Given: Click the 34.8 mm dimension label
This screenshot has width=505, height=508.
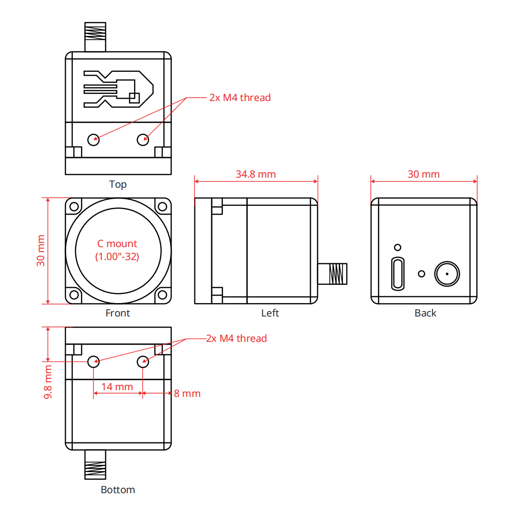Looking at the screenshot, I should coord(256,174).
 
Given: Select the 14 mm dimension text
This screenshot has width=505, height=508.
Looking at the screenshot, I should coord(117,386).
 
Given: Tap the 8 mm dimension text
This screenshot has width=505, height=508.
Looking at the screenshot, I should coord(187,394).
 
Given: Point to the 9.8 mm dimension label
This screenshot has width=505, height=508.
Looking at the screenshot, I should coord(48,382).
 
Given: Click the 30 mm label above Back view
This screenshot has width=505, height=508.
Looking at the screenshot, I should coord(424,174).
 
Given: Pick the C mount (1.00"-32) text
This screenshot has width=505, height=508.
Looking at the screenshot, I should coord(117,250).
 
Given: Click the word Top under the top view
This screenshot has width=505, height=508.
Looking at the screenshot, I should coord(118,184).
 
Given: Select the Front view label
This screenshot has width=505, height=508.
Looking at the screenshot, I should coord(117,313).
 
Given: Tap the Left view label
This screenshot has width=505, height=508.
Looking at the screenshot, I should coord(270,313).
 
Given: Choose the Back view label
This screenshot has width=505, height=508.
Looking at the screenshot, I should coord(425,313).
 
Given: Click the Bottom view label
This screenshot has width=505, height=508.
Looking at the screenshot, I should coord(118,490).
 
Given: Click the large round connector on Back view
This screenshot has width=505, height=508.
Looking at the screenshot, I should coord(447,274).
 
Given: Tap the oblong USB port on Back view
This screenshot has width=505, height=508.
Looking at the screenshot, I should coord(398,274).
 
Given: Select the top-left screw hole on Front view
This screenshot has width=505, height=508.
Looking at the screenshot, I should coord(74,207).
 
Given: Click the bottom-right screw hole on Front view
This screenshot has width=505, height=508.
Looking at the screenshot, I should coord(163,295).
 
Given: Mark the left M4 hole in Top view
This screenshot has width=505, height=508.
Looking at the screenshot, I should coord(93,140).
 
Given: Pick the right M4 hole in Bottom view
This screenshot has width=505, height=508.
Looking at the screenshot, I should coord(143,361).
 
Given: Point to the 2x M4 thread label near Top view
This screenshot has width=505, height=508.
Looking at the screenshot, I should coord(240,98).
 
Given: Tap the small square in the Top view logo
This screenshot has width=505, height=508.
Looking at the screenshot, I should coord(134,98).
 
